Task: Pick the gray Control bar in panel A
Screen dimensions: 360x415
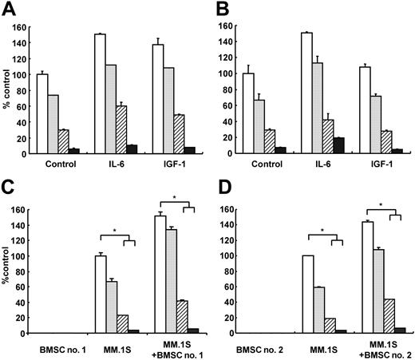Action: click(x=53, y=124)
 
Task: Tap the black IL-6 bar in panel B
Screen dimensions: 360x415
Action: click(x=339, y=144)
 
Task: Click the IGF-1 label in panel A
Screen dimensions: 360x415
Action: click(x=164, y=166)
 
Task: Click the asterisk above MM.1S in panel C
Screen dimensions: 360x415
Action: click(x=116, y=231)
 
